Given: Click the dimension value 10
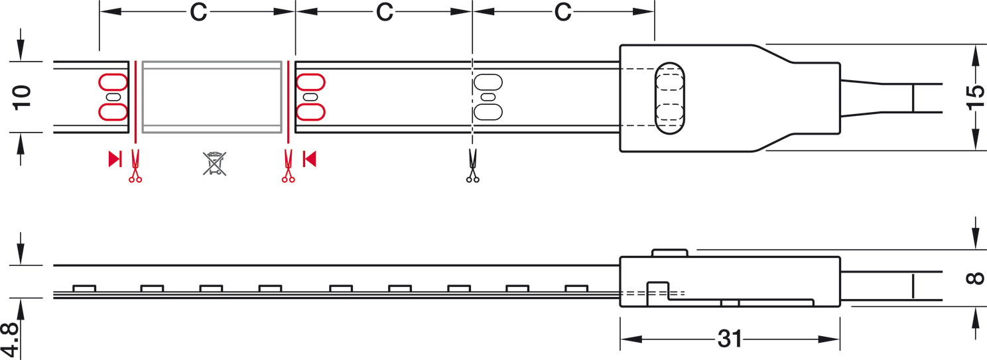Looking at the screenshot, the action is tap(22, 98).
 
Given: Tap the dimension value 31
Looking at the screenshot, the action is tap(730, 339).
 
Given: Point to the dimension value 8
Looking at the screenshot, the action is tap(974, 278).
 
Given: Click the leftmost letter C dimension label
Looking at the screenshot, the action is tap(198, 12).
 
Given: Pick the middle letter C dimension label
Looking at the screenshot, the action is tap(385, 12).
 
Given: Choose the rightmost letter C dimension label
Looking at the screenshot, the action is tap(562, 12).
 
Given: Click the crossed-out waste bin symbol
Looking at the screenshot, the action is tap(215, 164).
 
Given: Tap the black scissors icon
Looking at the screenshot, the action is tap(473, 166).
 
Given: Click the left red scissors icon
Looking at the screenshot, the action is tap(135, 166).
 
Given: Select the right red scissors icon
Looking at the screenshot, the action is tap(288, 166).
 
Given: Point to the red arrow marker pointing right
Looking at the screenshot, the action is tap(115, 158).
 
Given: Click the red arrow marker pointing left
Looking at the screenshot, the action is tap(309, 158).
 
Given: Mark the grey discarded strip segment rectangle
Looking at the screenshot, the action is tap(212, 97).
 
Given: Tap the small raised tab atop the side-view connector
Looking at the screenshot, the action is tap(670, 253).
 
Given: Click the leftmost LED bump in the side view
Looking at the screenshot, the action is tap(84, 288).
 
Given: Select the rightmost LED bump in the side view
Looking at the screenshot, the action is tap(576, 288).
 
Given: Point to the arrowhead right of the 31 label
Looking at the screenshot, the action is tap(829, 339).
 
